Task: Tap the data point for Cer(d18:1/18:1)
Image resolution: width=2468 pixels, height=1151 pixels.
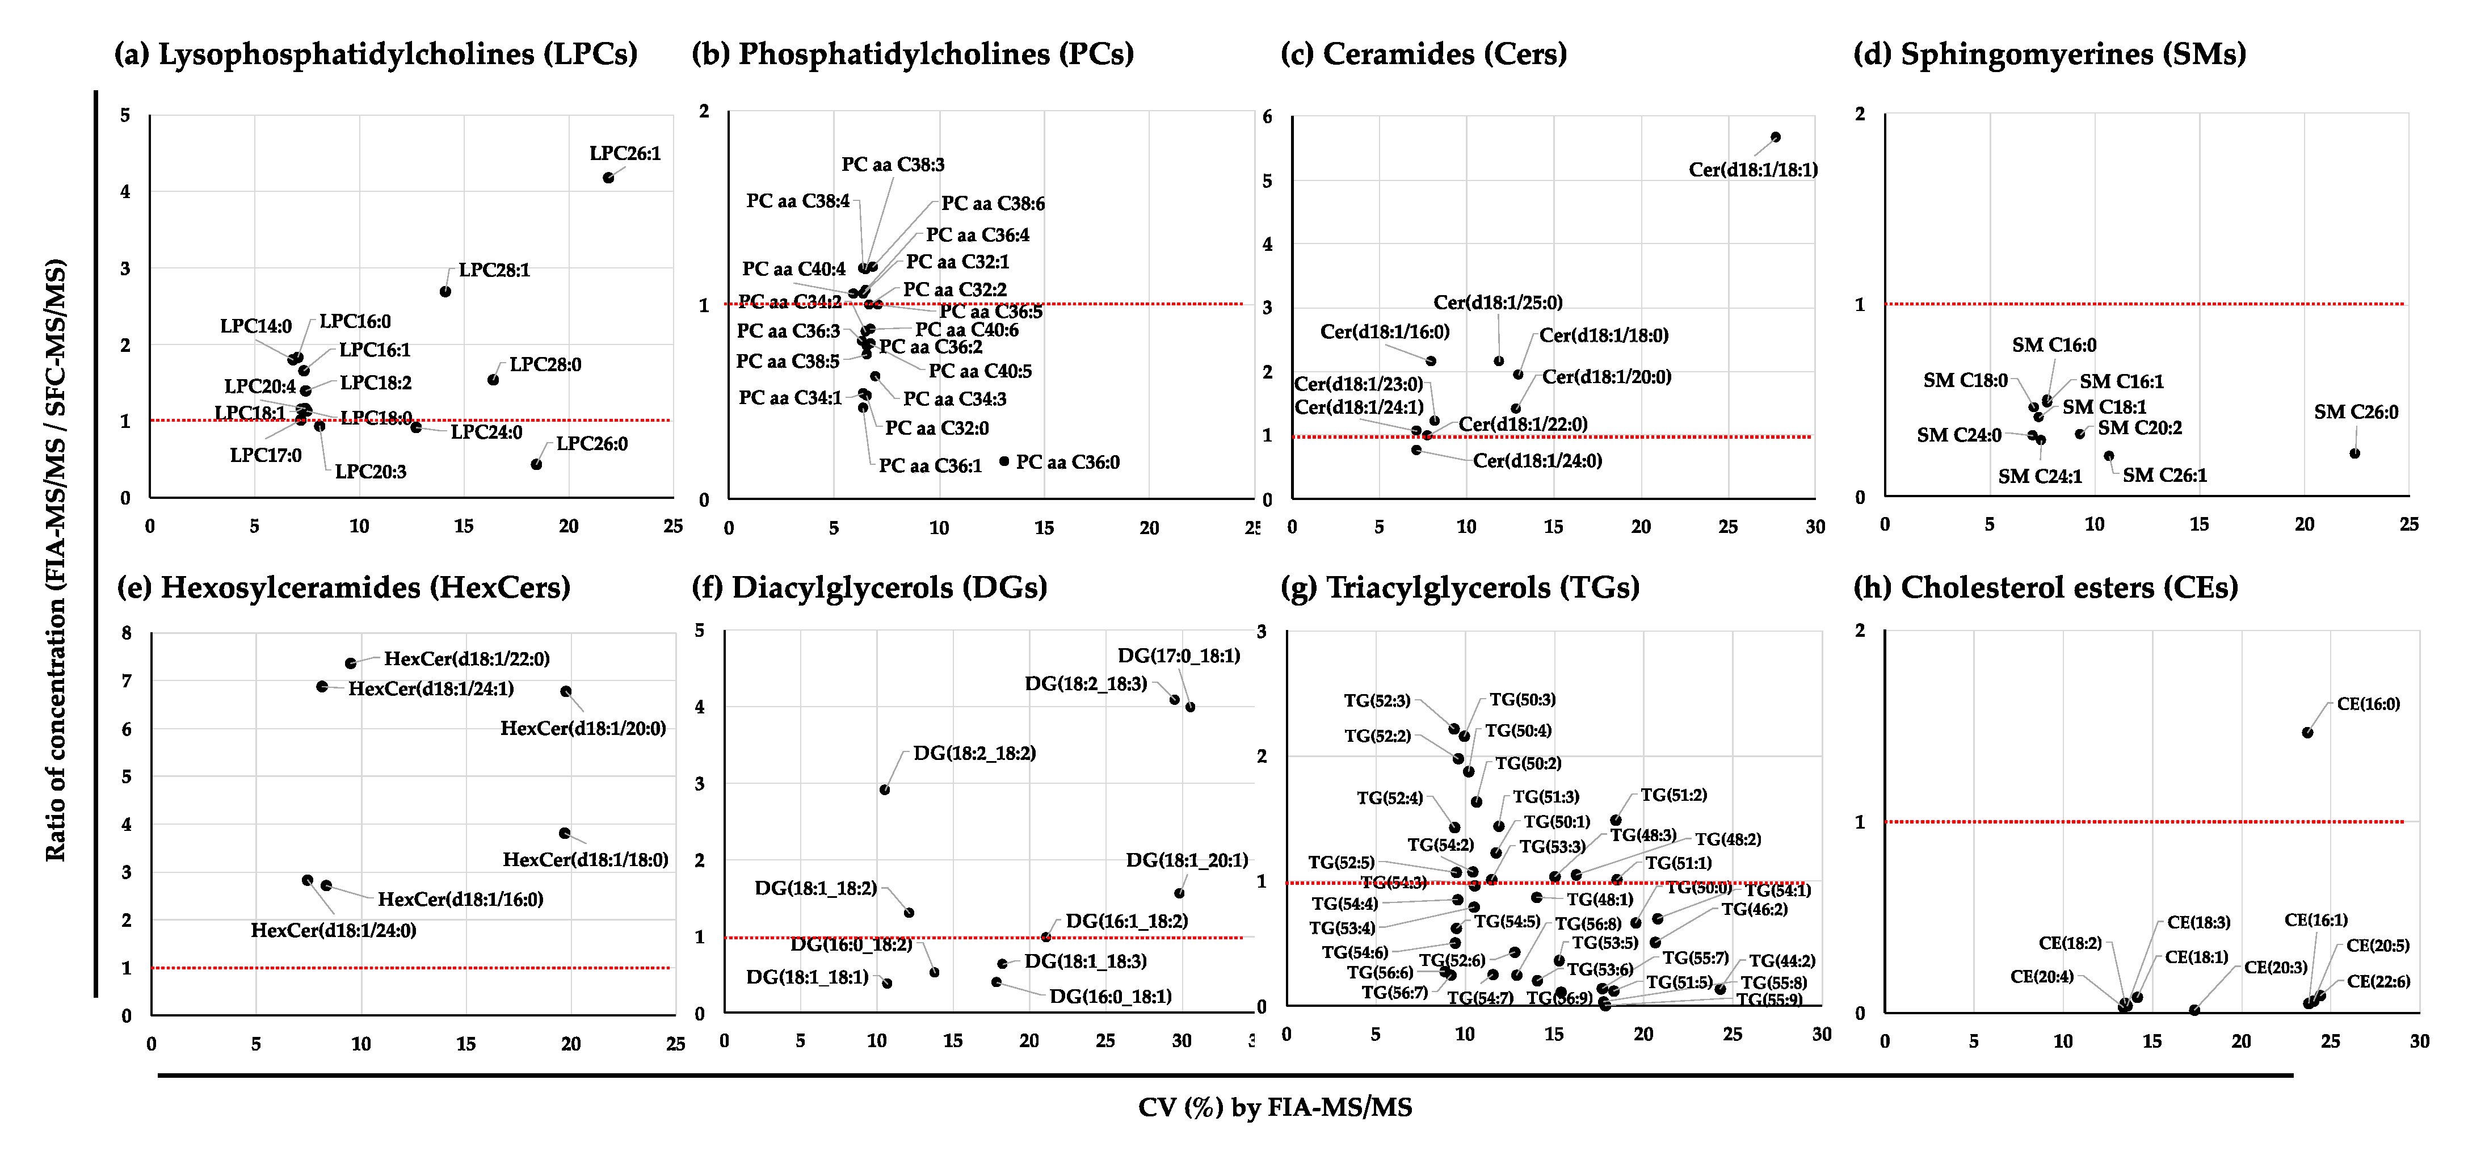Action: [1775, 137]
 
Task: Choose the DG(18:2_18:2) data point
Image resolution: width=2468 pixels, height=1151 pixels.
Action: [884, 789]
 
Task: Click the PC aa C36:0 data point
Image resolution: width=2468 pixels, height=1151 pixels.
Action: [1004, 461]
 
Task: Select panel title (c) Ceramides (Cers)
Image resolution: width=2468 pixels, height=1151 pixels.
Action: [1424, 54]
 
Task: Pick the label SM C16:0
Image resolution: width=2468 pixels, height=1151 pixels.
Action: [2053, 345]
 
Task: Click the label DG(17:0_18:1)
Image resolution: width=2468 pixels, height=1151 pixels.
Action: [1179, 656]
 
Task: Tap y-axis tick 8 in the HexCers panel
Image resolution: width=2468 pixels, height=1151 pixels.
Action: [127, 633]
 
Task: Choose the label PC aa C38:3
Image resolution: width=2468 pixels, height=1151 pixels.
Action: [893, 165]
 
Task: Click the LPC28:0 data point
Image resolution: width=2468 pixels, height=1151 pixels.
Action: [493, 380]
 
